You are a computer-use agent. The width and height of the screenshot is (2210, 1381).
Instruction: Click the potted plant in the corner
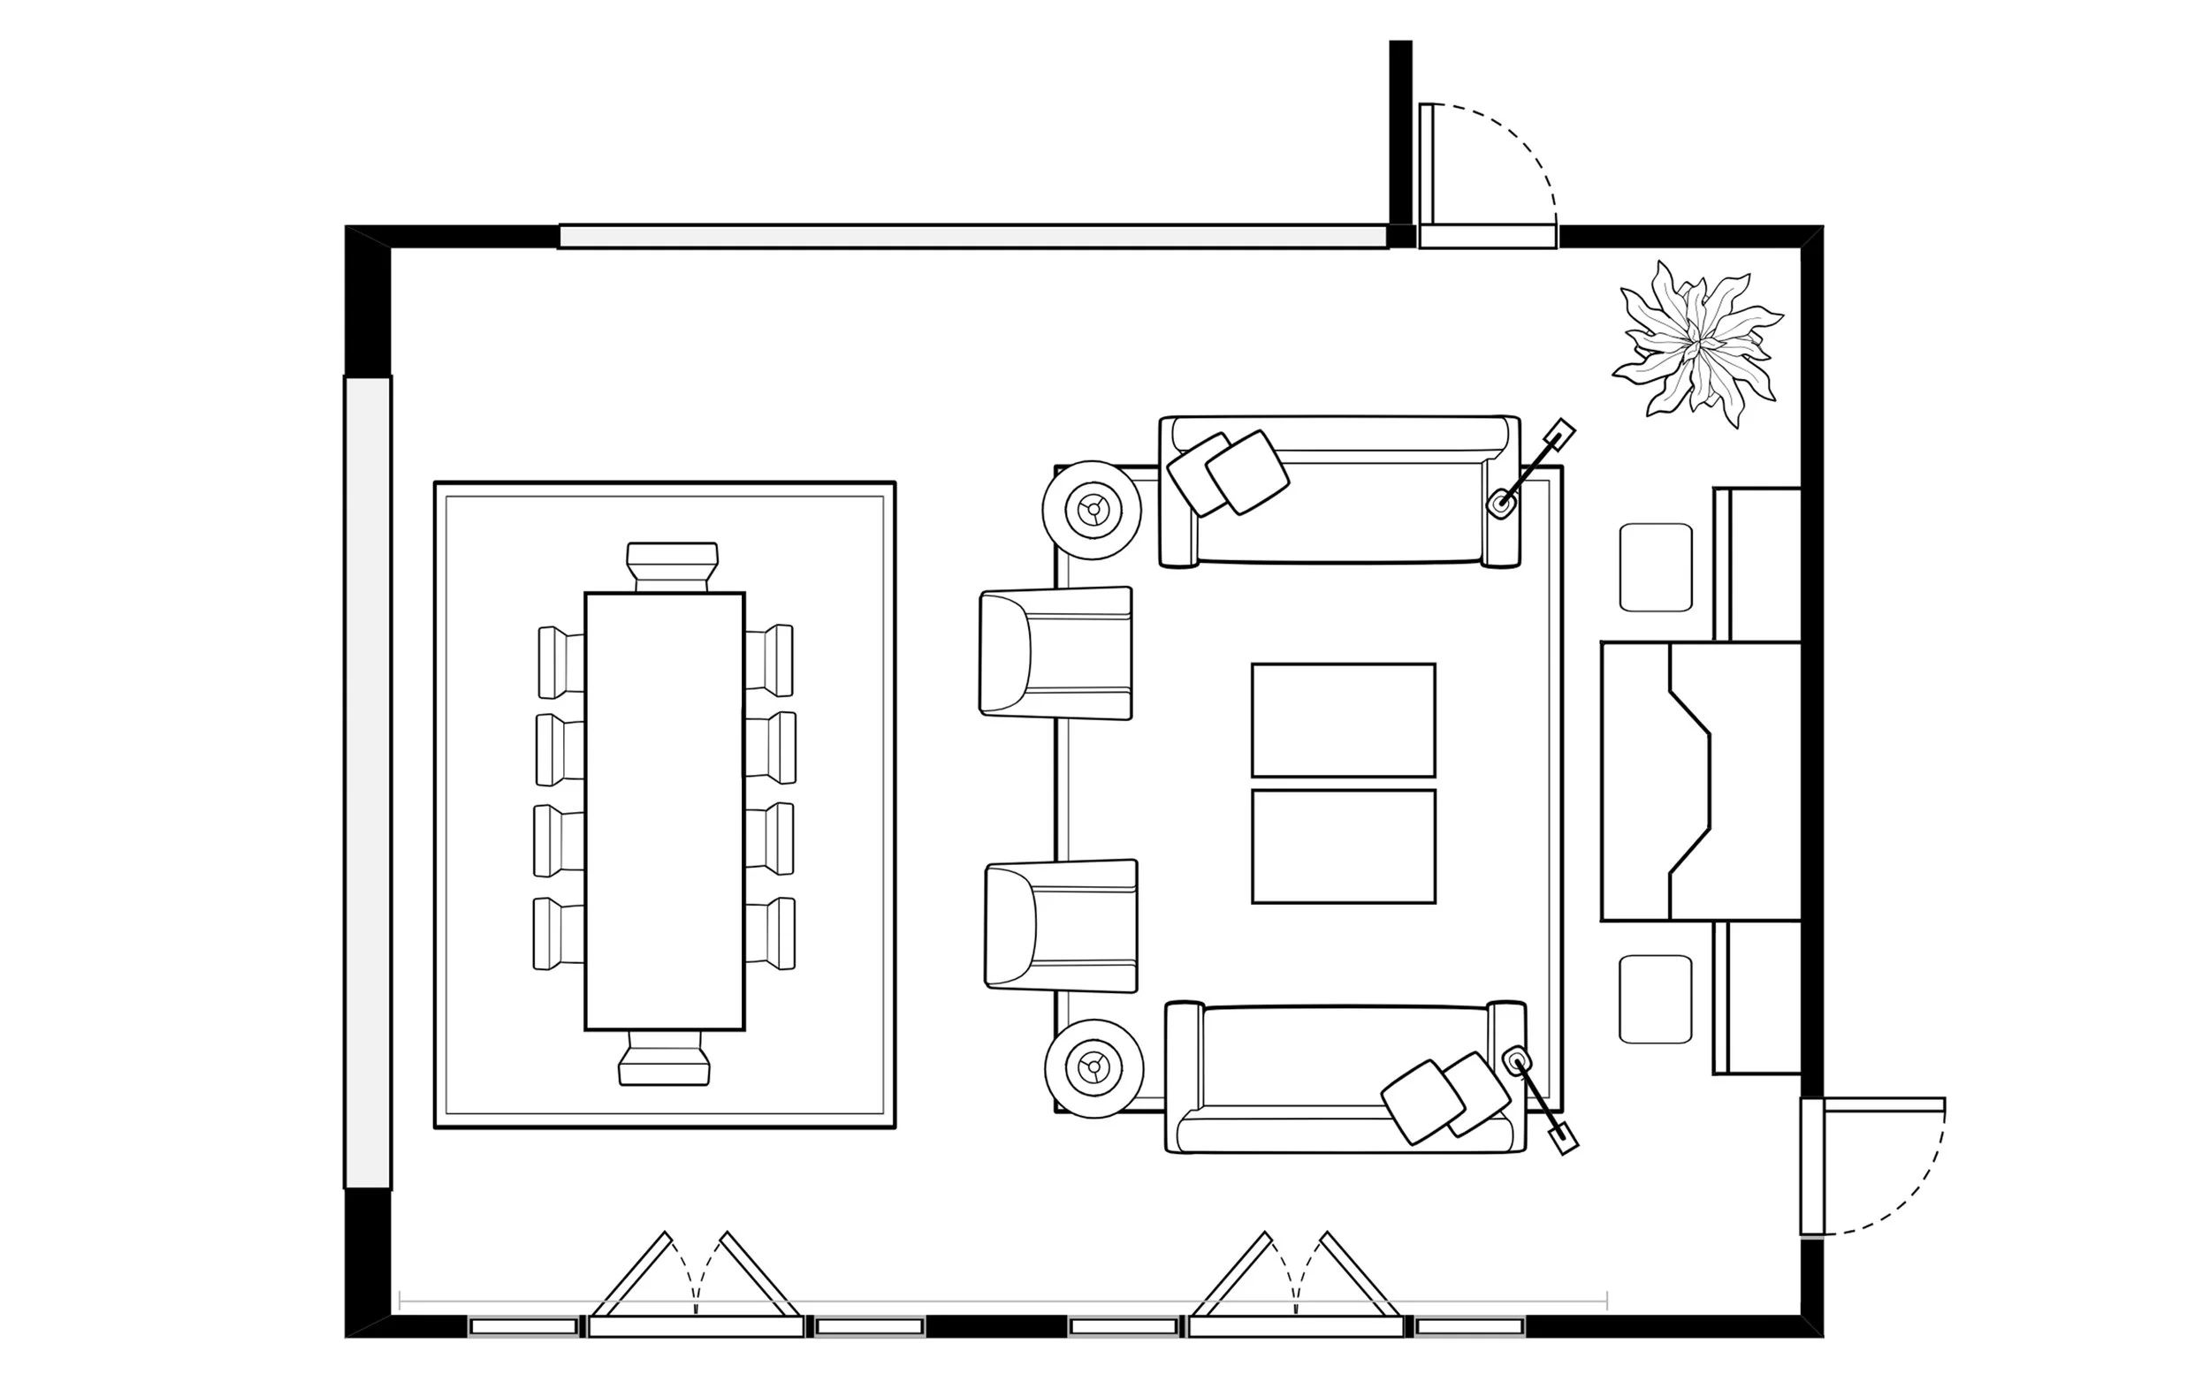click(1697, 345)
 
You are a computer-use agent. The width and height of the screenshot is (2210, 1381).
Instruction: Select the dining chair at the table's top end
click(672, 566)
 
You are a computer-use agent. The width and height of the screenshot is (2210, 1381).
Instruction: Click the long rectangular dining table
click(664, 811)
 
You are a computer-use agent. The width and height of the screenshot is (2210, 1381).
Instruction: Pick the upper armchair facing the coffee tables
click(1055, 653)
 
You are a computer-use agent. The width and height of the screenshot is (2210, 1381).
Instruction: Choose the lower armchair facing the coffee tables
click(1061, 925)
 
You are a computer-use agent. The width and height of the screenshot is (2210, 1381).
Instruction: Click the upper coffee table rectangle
click(1342, 720)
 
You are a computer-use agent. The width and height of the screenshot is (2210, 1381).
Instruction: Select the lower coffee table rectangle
click(1342, 846)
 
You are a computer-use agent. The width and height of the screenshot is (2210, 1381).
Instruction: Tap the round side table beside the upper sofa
click(1092, 510)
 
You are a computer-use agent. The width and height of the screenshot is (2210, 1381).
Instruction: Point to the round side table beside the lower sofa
click(1094, 1066)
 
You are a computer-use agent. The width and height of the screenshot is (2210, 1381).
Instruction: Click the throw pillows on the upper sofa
click(1228, 473)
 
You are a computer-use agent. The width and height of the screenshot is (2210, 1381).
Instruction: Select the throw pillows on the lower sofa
click(1444, 1101)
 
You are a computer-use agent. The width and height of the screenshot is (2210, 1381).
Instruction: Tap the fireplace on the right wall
click(1699, 781)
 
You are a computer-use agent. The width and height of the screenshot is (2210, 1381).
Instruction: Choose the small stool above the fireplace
click(1655, 567)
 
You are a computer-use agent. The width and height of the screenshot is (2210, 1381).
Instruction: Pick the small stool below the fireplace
click(1655, 999)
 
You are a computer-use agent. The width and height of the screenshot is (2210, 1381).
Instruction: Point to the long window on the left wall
click(367, 782)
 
